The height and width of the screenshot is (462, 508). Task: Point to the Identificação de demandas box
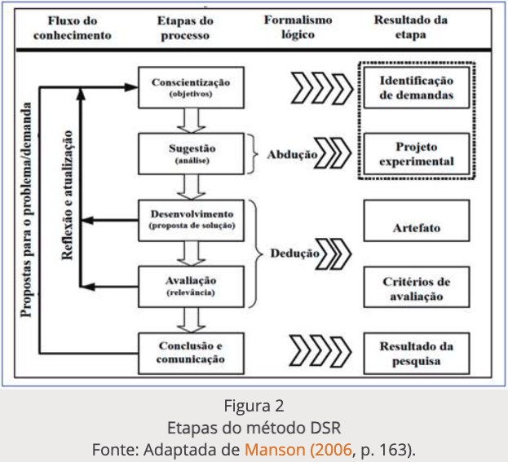(417, 87)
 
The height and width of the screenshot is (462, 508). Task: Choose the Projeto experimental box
(417, 154)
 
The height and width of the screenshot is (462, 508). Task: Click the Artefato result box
(417, 228)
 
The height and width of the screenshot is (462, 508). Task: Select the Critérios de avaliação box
(417, 289)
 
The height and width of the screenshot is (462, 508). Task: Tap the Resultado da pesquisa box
(417, 352)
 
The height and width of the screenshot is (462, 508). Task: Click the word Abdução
(291, 154)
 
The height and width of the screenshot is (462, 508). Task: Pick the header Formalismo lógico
(298, 28)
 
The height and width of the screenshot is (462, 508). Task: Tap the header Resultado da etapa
(413, 28)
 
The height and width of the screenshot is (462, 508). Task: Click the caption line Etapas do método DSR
(254, 426)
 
